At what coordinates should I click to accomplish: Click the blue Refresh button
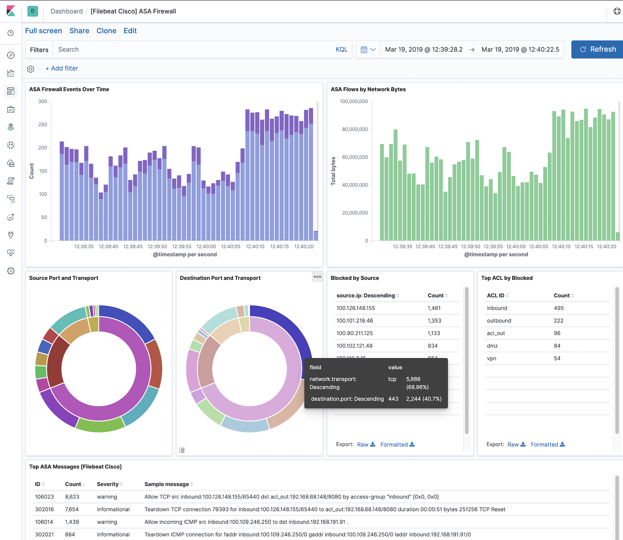pyautogui.click(x=598, y=50)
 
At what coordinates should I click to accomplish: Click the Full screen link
pyautogui.click(x=44, y=31)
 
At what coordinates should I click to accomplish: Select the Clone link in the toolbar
pyautogui.click(x=106, y=31)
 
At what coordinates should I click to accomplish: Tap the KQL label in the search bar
pyautogui.click(x=341, y=50)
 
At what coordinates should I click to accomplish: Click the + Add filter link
pyautogui.click(x=62, y=69)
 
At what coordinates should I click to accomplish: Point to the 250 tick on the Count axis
pyautogui.click(x=43, y=124)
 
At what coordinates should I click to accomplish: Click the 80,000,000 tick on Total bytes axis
pyautogui.click(x=355, y=129)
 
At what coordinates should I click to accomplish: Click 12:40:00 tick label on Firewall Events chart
pyautogui.click(x=206, y=247)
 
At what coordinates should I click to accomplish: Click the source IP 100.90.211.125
pyautogui.click(x=354, y=333)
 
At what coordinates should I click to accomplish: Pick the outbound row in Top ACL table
pyautogui.click(x=499, y=321)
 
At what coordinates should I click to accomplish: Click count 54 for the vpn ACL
pyautogui.click(x=557, y=358)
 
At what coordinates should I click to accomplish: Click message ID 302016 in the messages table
pyautogui.click(x=44, y=509)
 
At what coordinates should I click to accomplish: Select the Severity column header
pyautogui.click(x=108, y=484)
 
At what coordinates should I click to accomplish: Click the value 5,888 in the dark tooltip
pyautogui.click(x=413, y=379)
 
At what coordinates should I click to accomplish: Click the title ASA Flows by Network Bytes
pyautogui.click(x=368, y=89)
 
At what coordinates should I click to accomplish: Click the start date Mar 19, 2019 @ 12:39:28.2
pyautogui.click(x=424, y=50)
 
